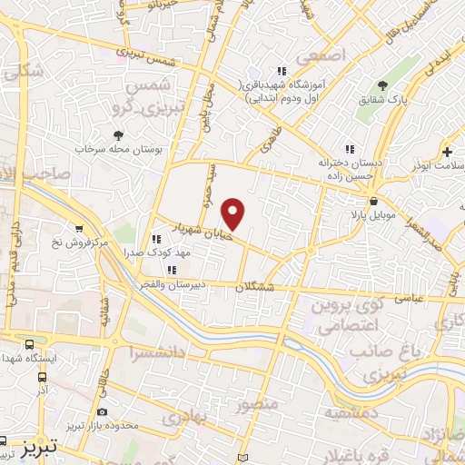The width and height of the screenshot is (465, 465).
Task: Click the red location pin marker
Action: [x=233, y=213]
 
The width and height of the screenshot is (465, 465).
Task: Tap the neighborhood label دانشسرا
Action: [x=154, y=351]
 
